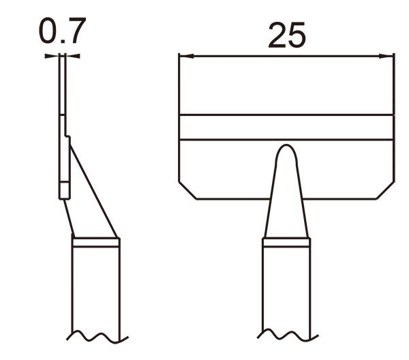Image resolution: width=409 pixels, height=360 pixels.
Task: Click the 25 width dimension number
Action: point(287,35)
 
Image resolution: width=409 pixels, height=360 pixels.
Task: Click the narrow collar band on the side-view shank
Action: point(96,242)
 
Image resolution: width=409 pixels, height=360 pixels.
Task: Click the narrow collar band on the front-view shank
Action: point(287,242)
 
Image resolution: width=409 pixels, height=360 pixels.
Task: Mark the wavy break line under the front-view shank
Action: point(286,336)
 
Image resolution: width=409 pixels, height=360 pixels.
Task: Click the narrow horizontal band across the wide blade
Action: point(286,127)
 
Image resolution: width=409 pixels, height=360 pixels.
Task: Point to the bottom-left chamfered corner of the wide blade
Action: point(187,190)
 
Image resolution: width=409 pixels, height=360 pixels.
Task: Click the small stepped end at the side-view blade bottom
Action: point(63,190)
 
